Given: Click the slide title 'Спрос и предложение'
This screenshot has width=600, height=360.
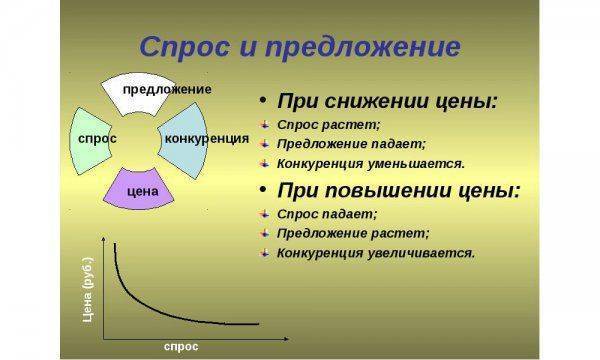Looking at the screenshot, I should coord(299,47).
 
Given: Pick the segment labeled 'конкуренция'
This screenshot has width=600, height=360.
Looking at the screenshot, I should coord(205,138).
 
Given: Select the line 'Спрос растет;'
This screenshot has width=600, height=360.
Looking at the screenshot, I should coord(328,124).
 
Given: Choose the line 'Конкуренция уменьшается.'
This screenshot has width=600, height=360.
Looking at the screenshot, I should coord(371,162).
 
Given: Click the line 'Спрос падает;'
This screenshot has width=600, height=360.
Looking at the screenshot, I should coord(327,213).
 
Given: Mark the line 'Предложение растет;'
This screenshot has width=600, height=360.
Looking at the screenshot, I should coord(353,232).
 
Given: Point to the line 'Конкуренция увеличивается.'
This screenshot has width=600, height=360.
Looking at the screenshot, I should coord(376,252).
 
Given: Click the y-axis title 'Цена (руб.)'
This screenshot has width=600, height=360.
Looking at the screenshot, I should coord(88,291).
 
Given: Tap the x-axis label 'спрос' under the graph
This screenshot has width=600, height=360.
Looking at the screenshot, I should coord(181,345).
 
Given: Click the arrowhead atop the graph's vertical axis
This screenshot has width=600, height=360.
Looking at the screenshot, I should coord(105,240).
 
